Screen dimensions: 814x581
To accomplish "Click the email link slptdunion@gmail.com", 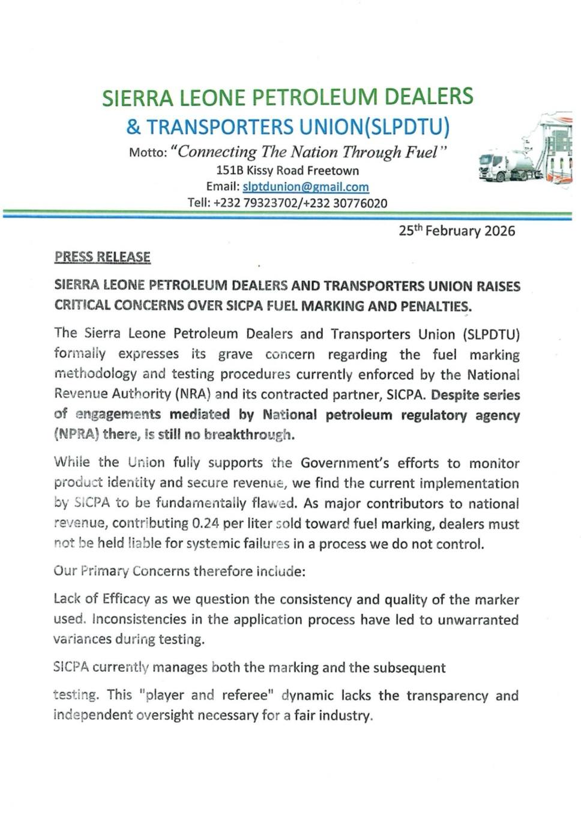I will [x=306, y=187].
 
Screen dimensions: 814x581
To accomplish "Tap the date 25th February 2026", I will [x=457, y=231].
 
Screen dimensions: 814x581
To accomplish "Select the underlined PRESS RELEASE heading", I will [x=102, y=257].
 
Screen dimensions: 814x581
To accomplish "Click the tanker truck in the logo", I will [x=507, y=166].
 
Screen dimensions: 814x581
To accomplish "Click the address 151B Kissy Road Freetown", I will [x=287, y=170].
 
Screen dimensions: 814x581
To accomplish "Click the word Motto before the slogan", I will [x=147, y=152].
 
